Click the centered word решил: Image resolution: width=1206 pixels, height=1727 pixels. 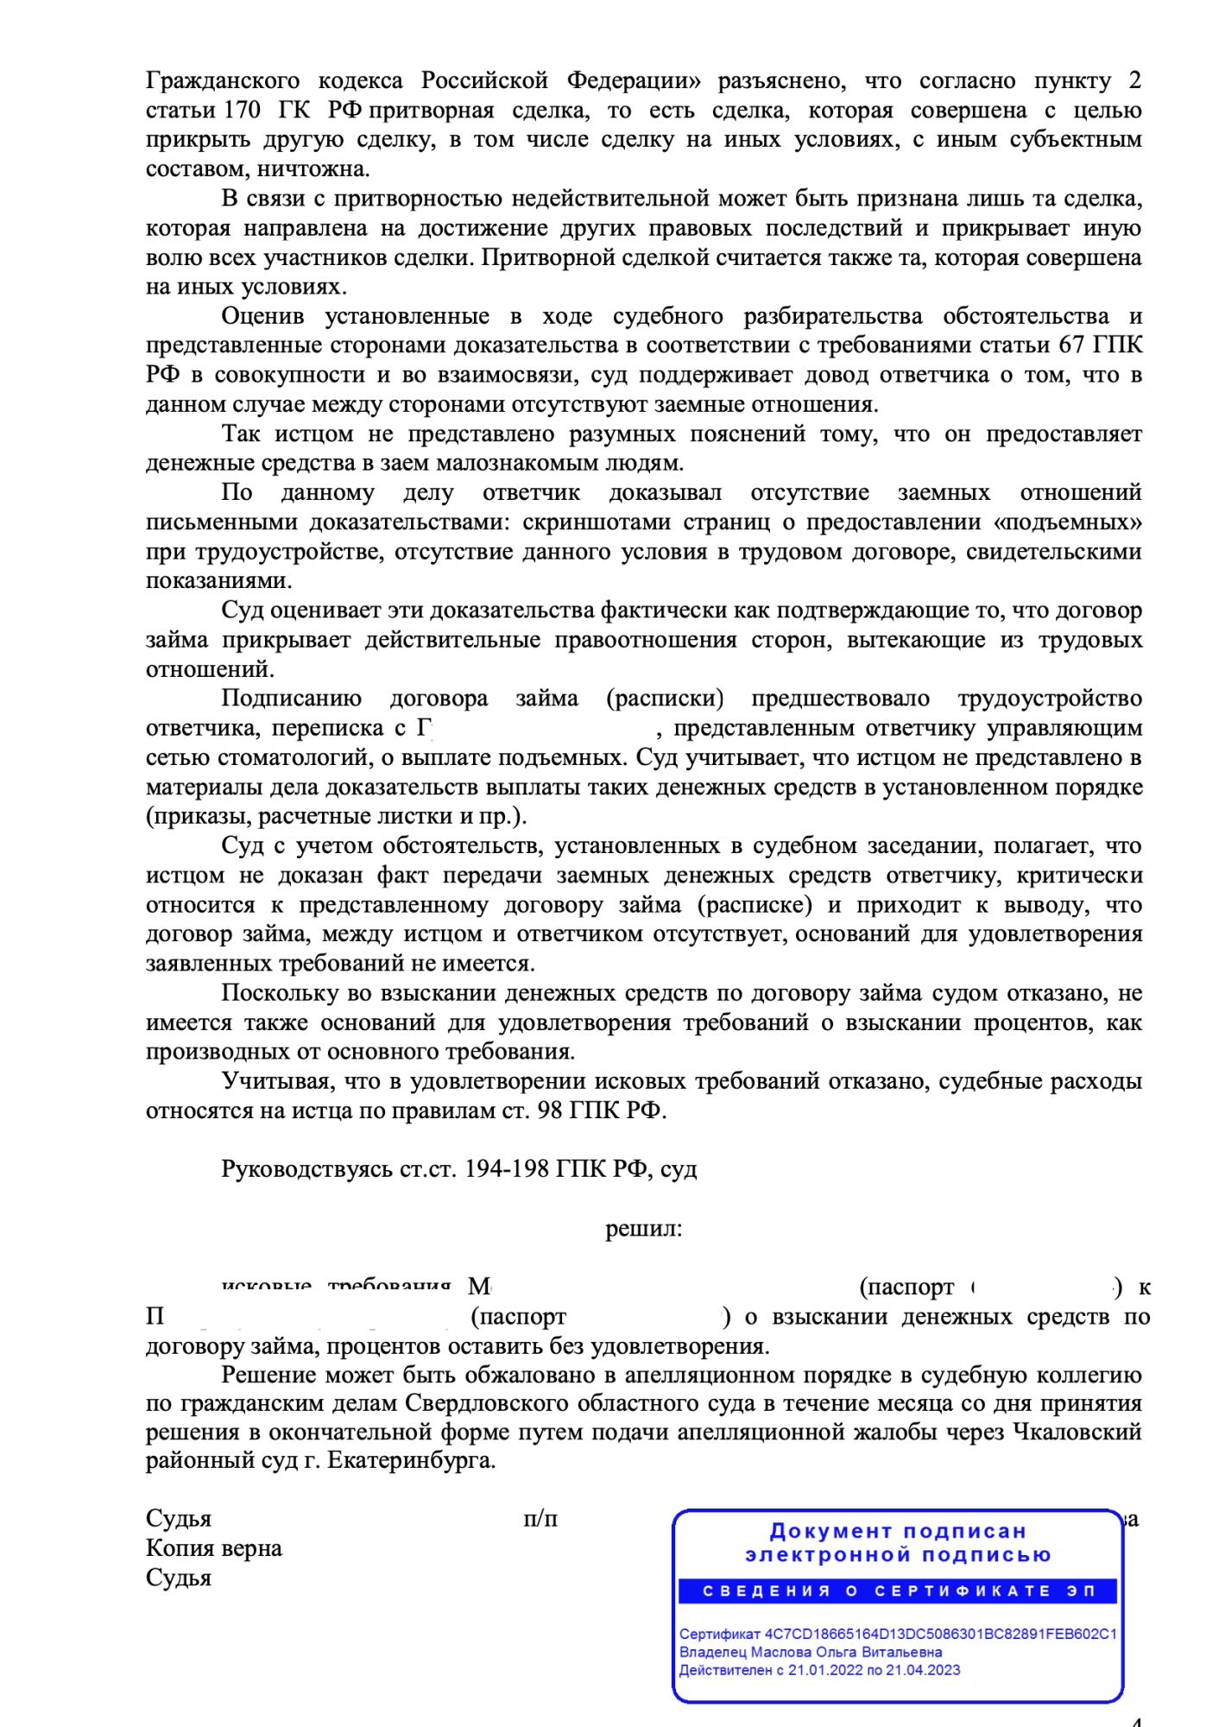point(643,1229)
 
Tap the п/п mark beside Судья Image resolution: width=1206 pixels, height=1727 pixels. point(540,1519)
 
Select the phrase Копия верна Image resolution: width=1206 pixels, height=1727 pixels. point(213,1548)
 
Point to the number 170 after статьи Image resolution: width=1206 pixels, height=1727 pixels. point(242,111)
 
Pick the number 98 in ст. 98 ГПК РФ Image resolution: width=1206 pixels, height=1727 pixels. point(550,1110)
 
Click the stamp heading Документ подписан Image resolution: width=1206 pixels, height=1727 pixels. point(898,1532)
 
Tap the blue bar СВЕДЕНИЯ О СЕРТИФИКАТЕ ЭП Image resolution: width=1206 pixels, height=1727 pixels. point(898,1591)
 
